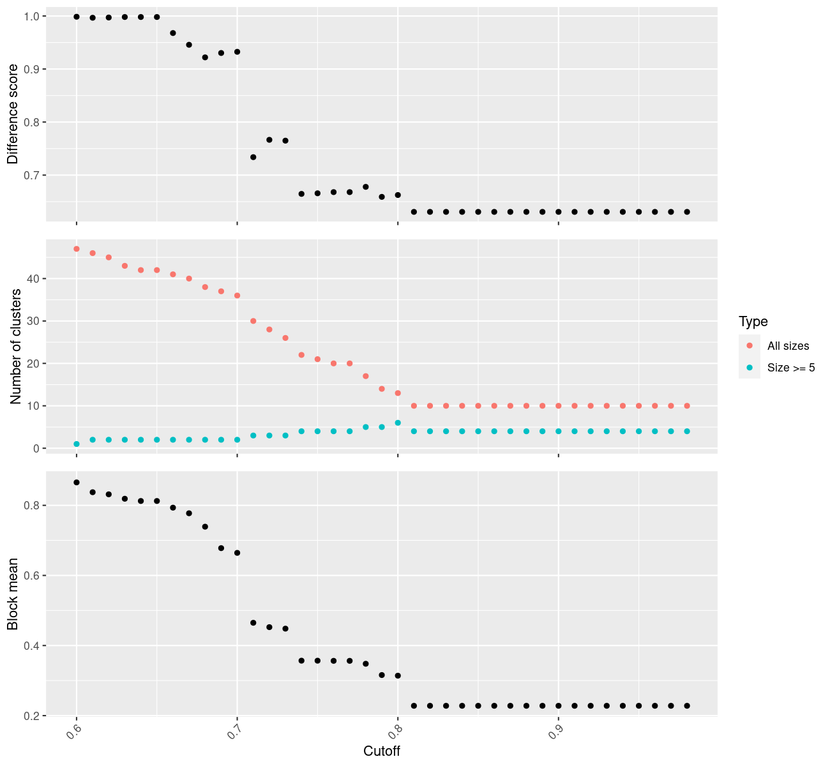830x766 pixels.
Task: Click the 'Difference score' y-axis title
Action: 13,114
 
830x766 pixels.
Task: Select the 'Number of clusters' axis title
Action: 15,347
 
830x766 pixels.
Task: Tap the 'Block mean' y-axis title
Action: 13,594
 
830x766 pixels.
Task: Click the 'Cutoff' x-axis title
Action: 382,751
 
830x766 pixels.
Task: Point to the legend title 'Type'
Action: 753,321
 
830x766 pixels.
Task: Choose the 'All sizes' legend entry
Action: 788,346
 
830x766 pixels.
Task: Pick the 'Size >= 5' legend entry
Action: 791,368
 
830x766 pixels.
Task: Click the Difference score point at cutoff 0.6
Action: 77,17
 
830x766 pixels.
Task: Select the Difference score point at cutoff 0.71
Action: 253,157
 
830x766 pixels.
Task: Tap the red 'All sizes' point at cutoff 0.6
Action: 77,249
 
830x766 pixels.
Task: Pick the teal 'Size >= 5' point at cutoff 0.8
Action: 398,423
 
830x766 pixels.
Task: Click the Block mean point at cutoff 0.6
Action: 77,483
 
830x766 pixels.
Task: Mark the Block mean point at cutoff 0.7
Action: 237,553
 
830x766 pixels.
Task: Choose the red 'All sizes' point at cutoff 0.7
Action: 237,296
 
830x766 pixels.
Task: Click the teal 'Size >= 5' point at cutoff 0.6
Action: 77,444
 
